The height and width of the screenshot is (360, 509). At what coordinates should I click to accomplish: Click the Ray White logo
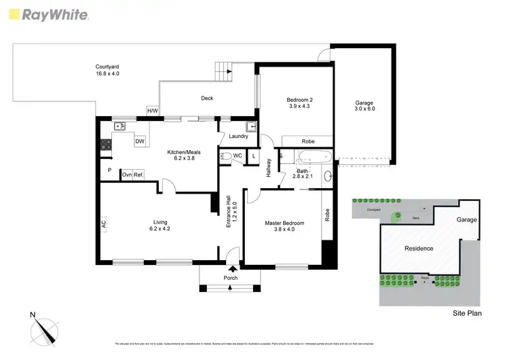(x=47, y=14)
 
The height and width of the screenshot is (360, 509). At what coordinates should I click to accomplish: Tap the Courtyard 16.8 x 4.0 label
(x=107, y=70)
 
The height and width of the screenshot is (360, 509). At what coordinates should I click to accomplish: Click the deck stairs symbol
(x=225, y=70)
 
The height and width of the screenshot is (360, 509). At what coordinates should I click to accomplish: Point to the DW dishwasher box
(x=139, y=141)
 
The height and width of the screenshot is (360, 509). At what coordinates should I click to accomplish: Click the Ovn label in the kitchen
(x=126, y=175)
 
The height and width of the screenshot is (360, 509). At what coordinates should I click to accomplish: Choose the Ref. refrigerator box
(x=138, y=175)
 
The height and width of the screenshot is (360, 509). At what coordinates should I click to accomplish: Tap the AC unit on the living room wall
(x=104, y=223)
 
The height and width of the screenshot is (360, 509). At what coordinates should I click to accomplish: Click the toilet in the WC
(x=226, y=156)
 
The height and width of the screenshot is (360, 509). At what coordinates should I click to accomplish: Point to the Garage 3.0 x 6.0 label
(x=364, y=106)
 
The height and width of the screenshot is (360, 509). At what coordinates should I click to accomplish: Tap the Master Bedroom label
(x=284, y=226)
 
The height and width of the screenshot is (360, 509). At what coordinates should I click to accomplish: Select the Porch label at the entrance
(x=231, y=278)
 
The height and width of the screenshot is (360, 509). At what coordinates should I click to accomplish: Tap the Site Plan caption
(x=467, y=313)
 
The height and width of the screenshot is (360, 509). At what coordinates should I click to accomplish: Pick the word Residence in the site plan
(x=419, y=249)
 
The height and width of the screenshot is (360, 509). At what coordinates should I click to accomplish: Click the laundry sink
(x=251, y=126)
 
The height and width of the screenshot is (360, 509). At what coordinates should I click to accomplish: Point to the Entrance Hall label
(x=231, y=212)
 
